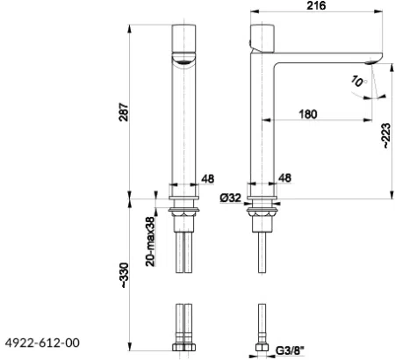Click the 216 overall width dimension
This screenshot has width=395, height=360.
click(x=317, y=7)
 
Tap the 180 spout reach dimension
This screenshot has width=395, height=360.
click(x=307, y=113)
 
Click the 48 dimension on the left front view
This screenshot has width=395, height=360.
click(x=207, y=179)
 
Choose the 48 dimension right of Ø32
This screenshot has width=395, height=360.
click(x=286, y=179)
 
